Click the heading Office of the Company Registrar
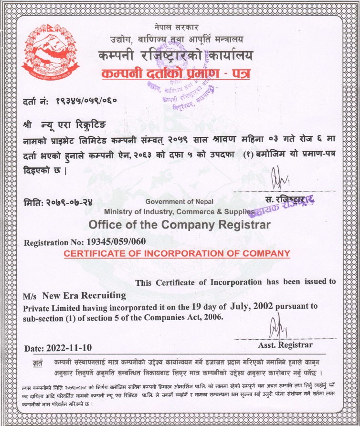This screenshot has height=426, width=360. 180,225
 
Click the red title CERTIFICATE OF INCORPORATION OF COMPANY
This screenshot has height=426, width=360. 177,253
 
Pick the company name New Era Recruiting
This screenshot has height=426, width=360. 84,295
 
